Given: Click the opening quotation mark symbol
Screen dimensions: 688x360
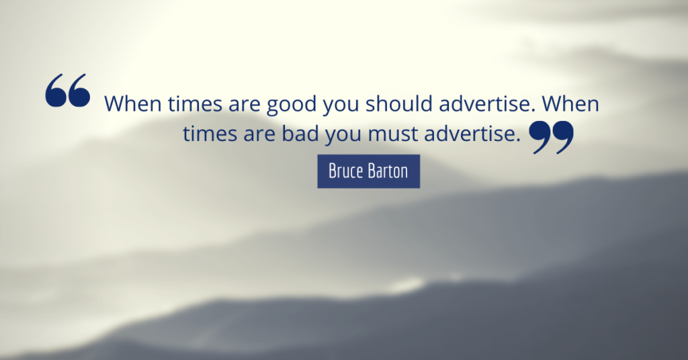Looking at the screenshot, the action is [x=68, y=90].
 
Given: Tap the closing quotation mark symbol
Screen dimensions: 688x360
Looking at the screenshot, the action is [x=551, y=137].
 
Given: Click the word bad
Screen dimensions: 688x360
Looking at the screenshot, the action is [x=300, y=133].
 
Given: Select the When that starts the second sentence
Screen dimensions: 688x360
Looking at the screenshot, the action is [x=570, y=104].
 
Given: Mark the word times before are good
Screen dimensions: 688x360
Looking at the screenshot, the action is [x=195, y=104].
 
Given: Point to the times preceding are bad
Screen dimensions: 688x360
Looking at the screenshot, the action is [x=210, y=134].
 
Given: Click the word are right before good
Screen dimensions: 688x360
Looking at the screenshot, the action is [x=245, y=106].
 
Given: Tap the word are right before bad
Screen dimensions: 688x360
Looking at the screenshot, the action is [x=259, y=136].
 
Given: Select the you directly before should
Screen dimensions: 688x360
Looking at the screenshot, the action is [x=341, y=107].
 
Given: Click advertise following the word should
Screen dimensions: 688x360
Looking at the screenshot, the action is [x=488, y=104].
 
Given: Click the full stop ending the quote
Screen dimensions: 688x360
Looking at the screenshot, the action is [x=518, y=141].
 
